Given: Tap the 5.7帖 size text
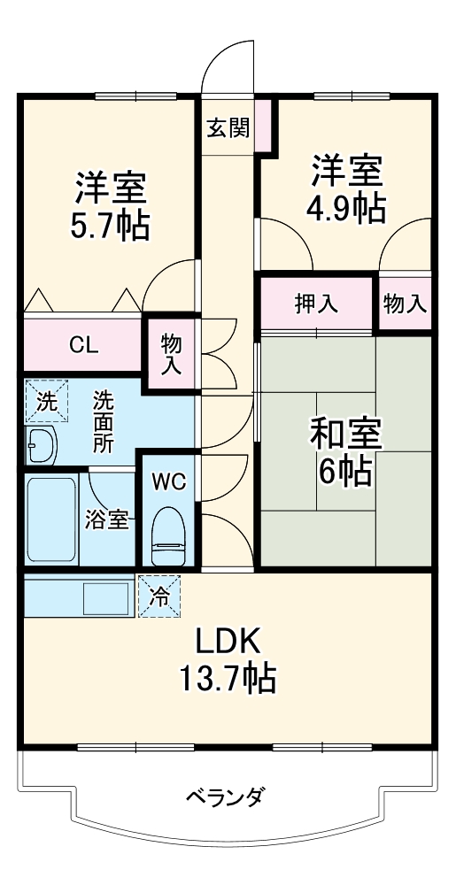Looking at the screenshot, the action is (110, 226).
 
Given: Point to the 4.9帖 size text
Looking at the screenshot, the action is (346, 208).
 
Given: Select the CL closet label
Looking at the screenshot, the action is (83, 344).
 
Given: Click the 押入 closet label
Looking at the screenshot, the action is (316, 304).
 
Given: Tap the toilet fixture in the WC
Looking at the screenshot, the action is (169, 535).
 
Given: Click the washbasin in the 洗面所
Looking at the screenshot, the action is (42, 446).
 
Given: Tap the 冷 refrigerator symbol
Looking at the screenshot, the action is (159, 596).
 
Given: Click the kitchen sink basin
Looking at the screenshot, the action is (106, 598).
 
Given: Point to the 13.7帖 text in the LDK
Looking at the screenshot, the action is (228, 679).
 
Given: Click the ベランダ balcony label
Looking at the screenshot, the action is (225, 798).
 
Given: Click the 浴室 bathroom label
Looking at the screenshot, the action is (106, 519).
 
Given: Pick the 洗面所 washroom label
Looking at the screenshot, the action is (103, 421).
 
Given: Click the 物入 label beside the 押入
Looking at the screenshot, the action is (404, 304).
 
